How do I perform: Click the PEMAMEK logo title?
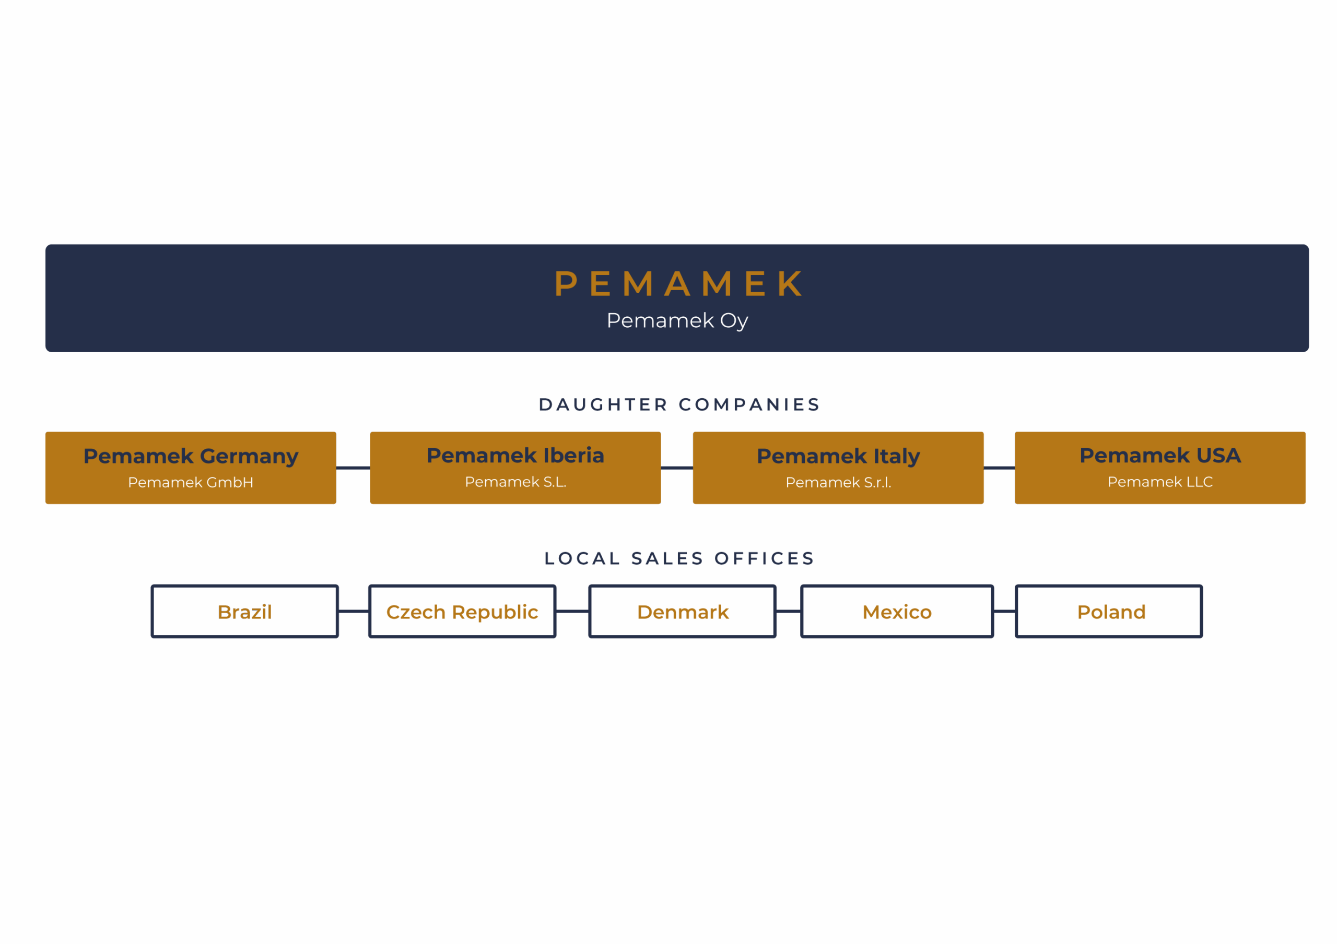coord(678,283)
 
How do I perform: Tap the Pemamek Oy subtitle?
coord(677,320)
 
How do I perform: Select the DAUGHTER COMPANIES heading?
coord(679,404)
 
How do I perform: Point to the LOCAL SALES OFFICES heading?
coord(679,558)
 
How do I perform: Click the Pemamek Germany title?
coord(191,456)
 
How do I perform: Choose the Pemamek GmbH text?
coord(191,483)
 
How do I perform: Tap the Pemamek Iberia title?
coord(515,455)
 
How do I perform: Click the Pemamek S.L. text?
coord(515,482)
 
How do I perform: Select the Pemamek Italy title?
coord(838,456)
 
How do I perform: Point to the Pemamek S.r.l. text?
coord(838,483)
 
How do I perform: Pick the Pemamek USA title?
coord(1160,455)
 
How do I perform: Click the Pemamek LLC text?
coord(1160,482)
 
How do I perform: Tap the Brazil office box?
coord(244,612)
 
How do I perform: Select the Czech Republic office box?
coord(462,612)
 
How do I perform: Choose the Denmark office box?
coord(683,612)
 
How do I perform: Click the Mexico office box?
coord(897,612)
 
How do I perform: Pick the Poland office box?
coord(1111,612)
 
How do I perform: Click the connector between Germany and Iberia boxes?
coord(353,468)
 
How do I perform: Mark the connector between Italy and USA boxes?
coord(999,468)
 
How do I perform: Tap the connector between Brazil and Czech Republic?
coord(354,611)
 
